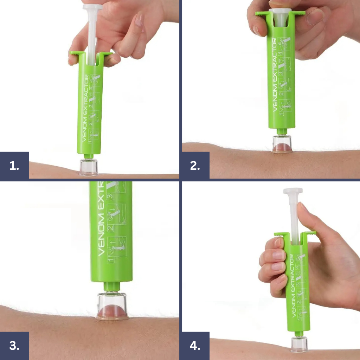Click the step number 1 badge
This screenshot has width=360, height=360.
(x=14, y=166)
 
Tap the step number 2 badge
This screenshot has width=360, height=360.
(x=195, y=166)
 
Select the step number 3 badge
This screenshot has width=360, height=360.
(x=14, y=346)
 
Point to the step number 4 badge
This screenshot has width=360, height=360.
(x=195, y=346)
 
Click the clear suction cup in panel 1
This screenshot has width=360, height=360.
(x=89, y=167)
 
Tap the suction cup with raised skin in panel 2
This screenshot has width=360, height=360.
(x=282, y=144)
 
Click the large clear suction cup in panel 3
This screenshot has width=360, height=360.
(x=112, y=306)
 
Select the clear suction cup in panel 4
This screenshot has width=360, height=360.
(x=299, y=344)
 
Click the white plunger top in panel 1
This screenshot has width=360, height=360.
(x=92, y=7)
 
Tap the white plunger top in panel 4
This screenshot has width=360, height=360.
(x=293, y=191)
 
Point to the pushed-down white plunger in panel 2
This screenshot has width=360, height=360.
(x=280, y=17)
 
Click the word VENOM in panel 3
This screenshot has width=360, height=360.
(x=101, y=234)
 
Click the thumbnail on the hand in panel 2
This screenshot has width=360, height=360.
(x=315, y=17)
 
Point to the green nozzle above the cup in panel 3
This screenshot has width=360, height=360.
(x=112, y=287)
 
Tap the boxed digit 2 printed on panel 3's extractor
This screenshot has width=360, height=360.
(x=110, y=228)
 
